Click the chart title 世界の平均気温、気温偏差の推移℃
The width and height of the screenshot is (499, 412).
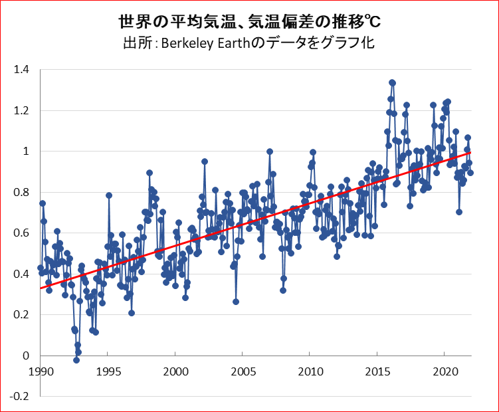(x=249, y=23)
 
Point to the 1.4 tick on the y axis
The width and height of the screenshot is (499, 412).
(x=22, y=70)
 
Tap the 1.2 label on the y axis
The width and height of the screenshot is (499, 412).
(x=22, y=110)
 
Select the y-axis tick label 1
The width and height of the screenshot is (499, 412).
(x=26, y=152)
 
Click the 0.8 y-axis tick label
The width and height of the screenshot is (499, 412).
(x=22, y=192)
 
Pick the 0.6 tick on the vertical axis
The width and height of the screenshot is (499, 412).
(x=22, y=233)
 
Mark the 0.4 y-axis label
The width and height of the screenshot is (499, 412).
(x=22, y=274)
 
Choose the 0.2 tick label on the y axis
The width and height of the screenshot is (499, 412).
(x=22, y=315)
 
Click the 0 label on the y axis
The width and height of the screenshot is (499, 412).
(x=26, y=356)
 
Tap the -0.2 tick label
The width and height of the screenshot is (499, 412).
(x=21, y=397)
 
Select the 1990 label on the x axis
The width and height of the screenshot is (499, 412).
(x=40, y=370)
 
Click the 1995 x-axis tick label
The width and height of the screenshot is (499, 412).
(x=108, y=370)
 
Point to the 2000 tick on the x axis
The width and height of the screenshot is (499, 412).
(x=175, y=370)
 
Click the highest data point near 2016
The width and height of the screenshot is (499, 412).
(x=392, y=82)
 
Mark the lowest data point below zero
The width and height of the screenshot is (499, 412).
(x=76, y=360)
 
